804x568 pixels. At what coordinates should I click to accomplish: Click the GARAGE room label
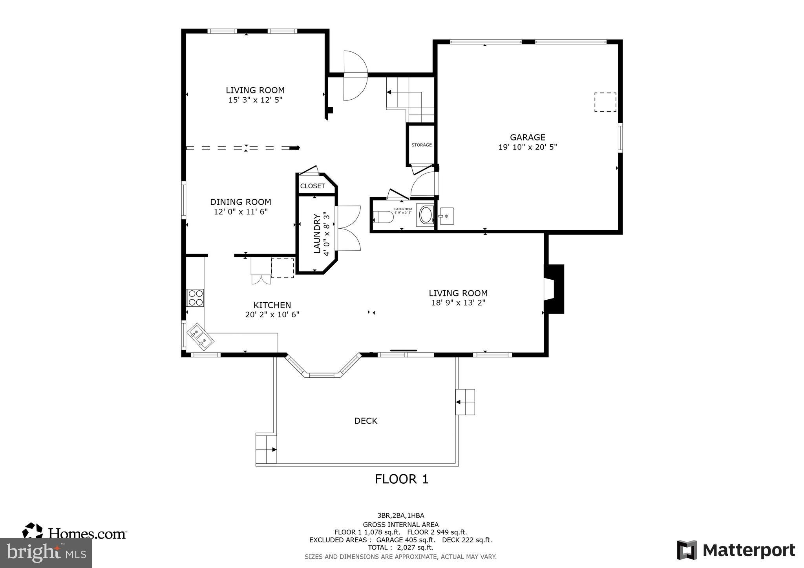click(527, 137)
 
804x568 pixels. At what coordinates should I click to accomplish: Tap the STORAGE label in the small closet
click(421, 145)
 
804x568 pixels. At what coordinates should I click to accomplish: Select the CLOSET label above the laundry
click(312, 186)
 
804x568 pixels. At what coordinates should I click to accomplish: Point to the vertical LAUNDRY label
click(317, 234)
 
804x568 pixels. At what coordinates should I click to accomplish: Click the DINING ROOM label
click(240, 202)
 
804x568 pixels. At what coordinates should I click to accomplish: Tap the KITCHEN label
click(272, 305)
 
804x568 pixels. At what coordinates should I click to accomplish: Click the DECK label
click(365, 421)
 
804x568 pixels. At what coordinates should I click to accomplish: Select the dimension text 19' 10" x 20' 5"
click(527, 147)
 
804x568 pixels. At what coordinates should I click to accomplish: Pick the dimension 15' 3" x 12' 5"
click(255, 100)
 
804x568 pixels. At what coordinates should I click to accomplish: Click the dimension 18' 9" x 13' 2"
click(458, 303)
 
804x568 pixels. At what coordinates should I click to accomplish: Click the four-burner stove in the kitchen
click(195, 298)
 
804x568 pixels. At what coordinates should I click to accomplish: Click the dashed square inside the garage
click(605, 102)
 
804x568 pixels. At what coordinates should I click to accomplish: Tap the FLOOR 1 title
click(401, 479)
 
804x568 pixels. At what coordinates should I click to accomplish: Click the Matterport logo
click(736, 550)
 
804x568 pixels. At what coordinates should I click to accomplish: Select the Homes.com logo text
click(87, 533)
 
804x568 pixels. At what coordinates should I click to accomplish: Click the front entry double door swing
click(355, 75)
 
